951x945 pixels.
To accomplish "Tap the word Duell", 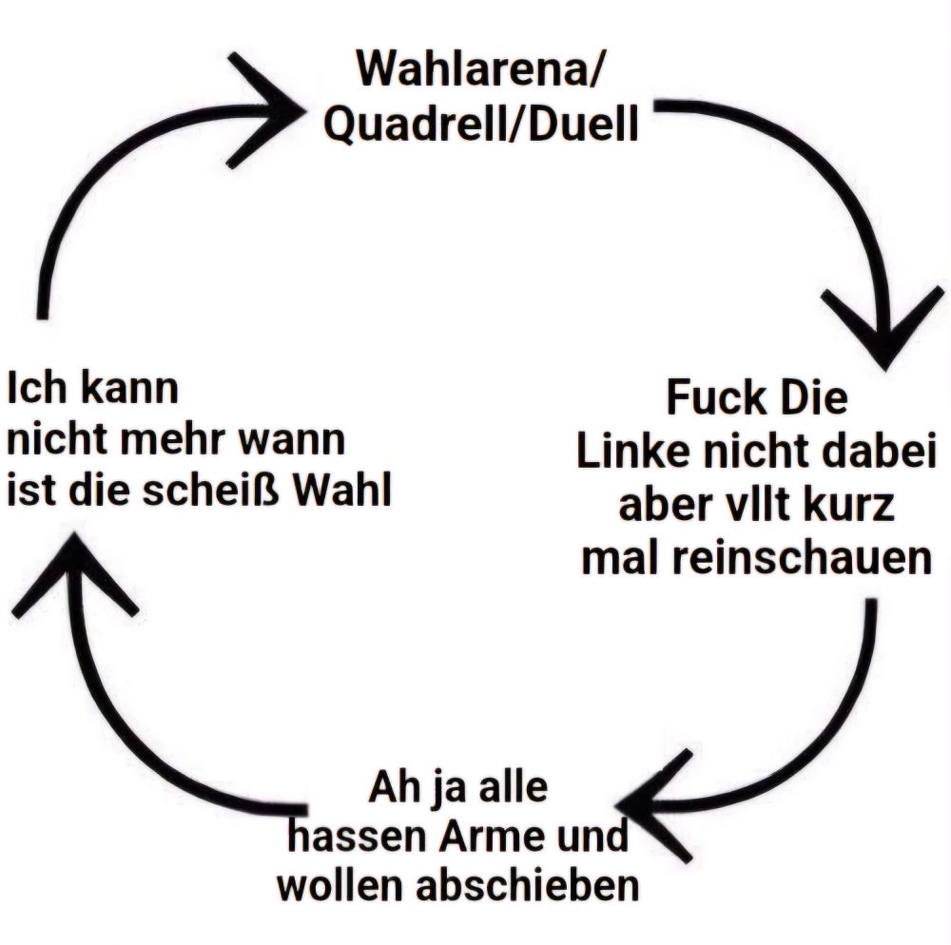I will [580, 126].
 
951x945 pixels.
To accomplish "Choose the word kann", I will [129, 390].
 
